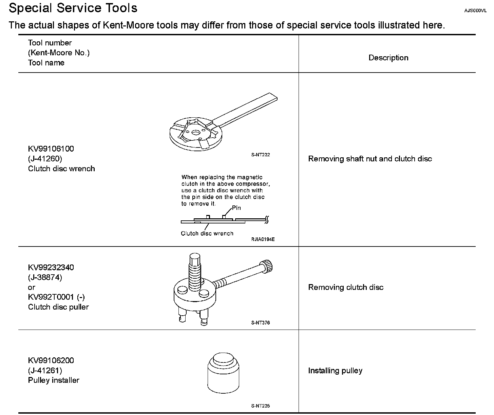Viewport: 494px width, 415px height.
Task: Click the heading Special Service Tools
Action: (x=73, y=8)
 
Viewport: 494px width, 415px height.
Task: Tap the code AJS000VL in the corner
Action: (x=475, y=11)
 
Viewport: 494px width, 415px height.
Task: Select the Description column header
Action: (x=388, y=58)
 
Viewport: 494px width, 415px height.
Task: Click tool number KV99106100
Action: (x=51, y=149)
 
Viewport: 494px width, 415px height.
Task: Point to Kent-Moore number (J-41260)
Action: (x=45, y=159)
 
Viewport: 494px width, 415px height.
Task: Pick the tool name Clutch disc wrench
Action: (x=61, y=169)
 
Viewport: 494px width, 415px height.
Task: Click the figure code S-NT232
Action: (x=261, y=155)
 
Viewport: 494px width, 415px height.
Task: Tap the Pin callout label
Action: (x=236, y=208)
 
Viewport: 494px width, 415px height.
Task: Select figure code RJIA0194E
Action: (x=263, y=239)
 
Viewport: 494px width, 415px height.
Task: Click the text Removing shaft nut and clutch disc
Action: (x=370, y=159)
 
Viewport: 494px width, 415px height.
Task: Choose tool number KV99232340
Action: (x=51, y=268)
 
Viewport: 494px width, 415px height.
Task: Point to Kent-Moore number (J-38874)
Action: (x=45, y=277)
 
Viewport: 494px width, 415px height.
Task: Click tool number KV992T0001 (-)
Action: (x=56, y=297)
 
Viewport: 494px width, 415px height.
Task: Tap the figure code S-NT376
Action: (x=261, y=323)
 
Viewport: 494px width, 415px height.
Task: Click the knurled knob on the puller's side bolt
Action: (x=267, y=266)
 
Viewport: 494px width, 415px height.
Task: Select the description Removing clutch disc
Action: (x=346, y=287)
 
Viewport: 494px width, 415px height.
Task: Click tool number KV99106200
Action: (x=51, y=360)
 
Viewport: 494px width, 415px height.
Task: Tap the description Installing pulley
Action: (x=335, y=371)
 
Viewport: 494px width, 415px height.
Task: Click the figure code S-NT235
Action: (x=261, y=406)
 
